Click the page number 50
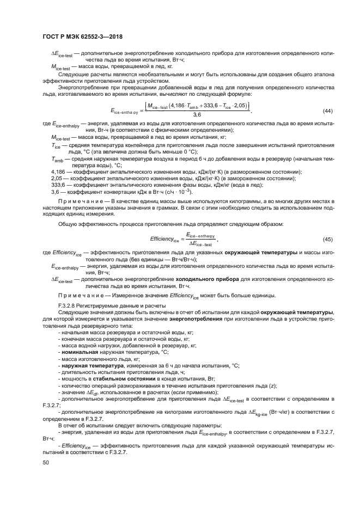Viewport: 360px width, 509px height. (46, 463)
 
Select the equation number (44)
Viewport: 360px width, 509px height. (328, 111)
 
